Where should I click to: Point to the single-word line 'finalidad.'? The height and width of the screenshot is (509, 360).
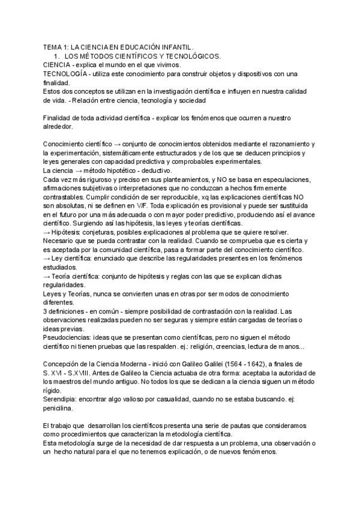57,82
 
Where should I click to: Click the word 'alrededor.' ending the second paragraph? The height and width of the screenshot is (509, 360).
59,127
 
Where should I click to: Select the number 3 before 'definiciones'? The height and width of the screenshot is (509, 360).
45,312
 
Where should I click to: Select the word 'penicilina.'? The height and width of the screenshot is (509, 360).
60,408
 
